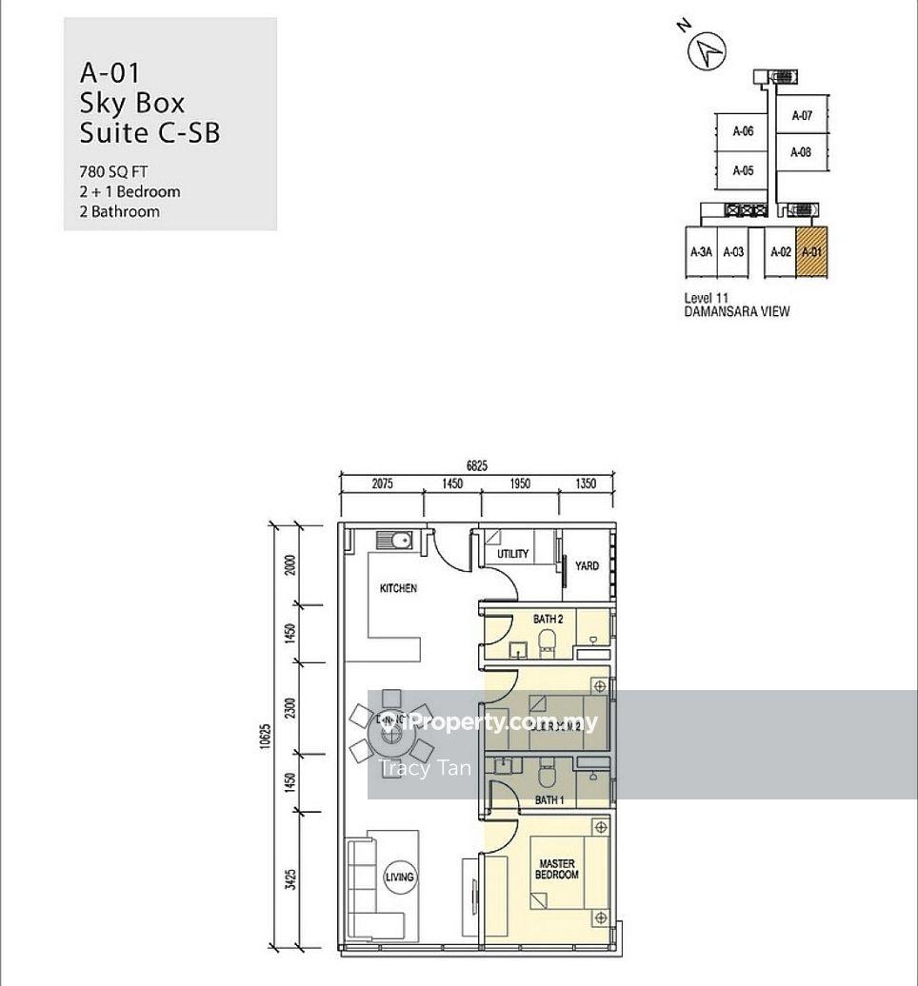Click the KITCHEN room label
(398, 588)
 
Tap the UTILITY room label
(513, 554)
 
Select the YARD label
(588, 566)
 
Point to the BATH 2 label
(548, 620)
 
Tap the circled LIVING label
(400, 877)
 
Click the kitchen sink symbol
(393, 541)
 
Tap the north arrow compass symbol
(708, 49)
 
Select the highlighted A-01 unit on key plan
(811, 252)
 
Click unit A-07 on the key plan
(802, 116)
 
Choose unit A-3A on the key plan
(700, 252)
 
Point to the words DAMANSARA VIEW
(736, 311)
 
